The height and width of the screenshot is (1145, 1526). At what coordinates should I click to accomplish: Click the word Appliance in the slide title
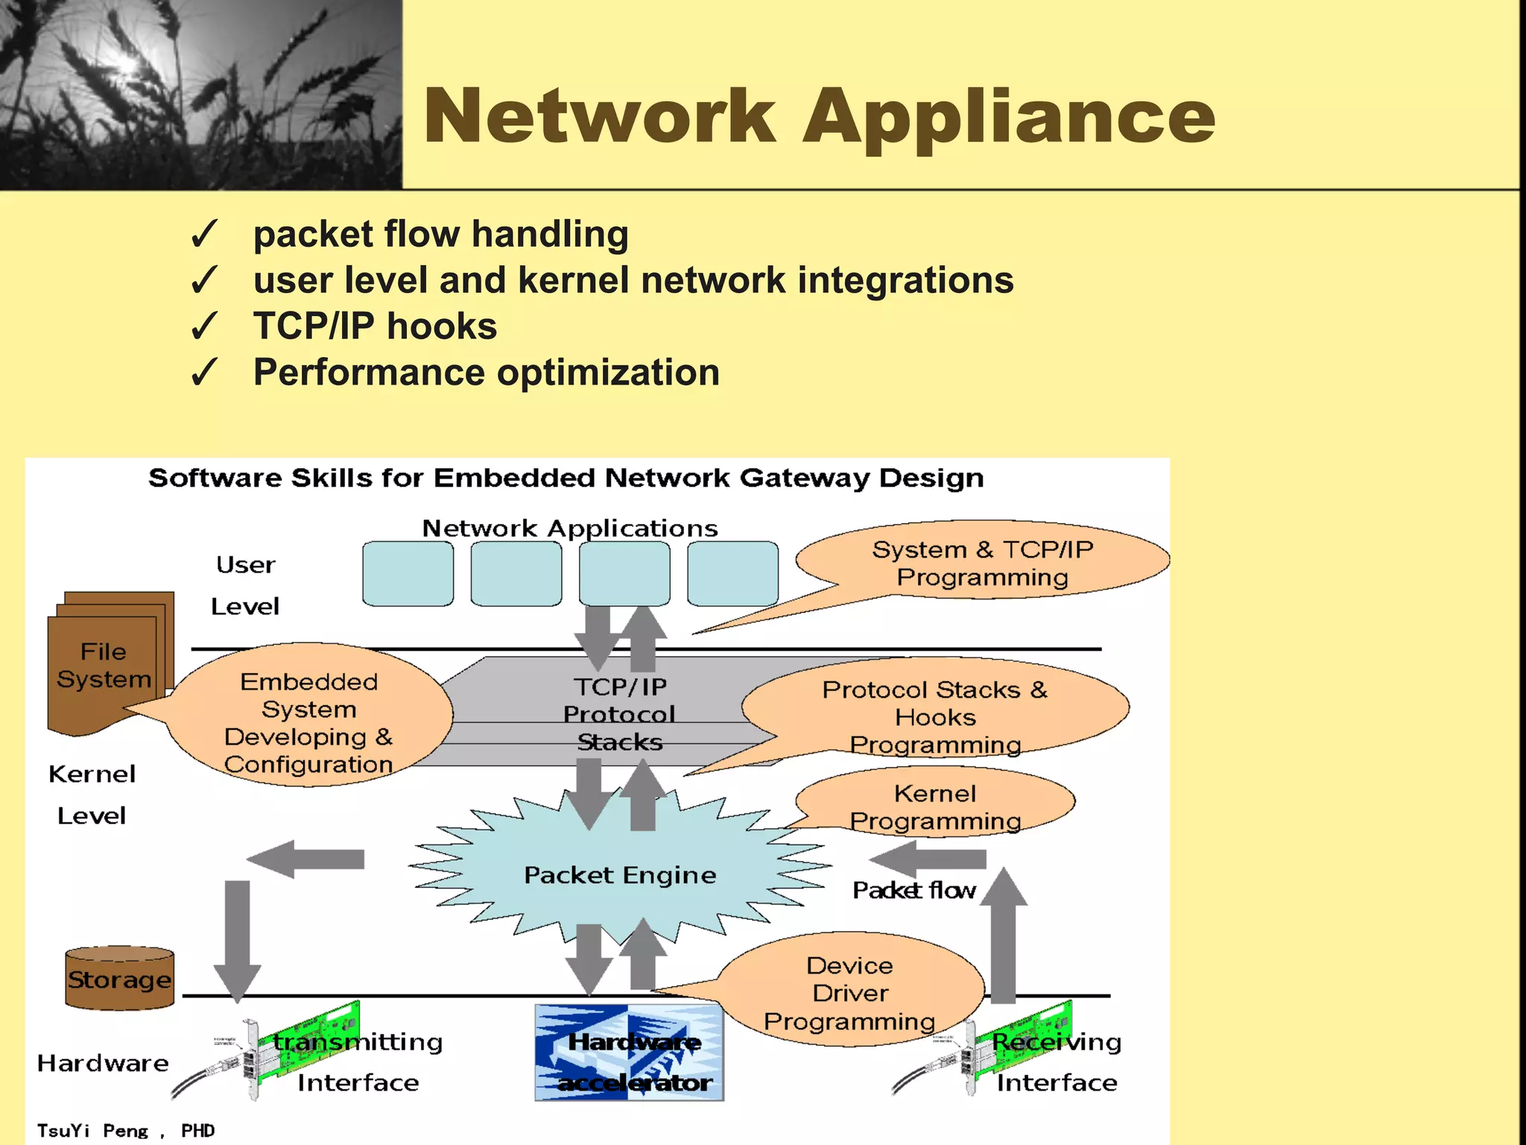tap(1009, 118)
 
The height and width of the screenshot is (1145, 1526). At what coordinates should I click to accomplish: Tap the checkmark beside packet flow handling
tap(203, 234)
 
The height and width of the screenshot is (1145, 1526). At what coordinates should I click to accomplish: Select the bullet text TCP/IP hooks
tap(375, 327)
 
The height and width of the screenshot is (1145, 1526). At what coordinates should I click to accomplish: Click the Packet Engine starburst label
tap(619, 874)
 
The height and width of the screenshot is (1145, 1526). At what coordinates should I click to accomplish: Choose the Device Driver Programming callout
tap(849, 992)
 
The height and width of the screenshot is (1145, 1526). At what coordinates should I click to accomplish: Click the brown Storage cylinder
tap(119, 979)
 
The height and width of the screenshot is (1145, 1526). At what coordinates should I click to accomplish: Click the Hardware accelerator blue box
tap(629, 1053)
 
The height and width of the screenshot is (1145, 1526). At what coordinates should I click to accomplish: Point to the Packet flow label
tap(914, 890)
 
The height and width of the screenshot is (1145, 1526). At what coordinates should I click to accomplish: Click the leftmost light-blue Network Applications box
tap(408, 573)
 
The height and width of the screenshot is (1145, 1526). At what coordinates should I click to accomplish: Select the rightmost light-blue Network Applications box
tap(732, 573)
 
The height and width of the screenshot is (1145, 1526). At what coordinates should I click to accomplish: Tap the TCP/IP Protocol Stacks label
tap(619, 713)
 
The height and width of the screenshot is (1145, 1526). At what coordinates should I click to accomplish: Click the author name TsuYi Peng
tap(93, 1130)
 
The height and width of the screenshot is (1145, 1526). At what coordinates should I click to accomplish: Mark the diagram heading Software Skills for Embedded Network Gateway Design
tap(566, 478)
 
